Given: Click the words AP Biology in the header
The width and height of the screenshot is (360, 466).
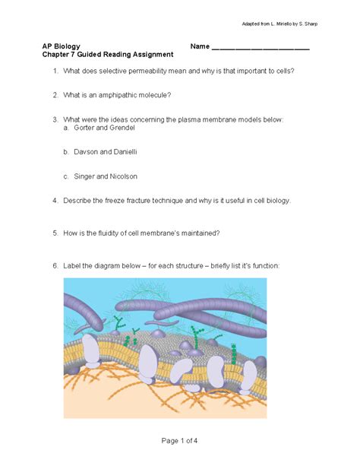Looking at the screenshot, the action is (x=62, y=46).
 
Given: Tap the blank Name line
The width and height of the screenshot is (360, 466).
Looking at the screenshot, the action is (x=261, y=48).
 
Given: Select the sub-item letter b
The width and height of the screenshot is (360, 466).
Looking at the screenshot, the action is (x=66, y=151).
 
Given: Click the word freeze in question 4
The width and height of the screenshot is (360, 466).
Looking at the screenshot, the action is (x=122, y=201).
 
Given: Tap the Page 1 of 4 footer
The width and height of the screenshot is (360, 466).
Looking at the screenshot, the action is (x=180, y=442).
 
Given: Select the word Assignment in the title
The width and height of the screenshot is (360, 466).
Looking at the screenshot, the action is (x=153, y=55).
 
